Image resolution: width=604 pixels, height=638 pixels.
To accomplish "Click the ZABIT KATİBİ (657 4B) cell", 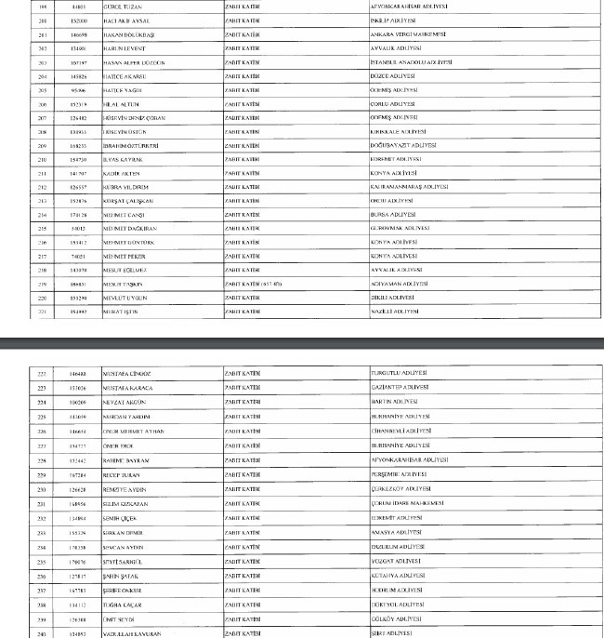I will [254, 284].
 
